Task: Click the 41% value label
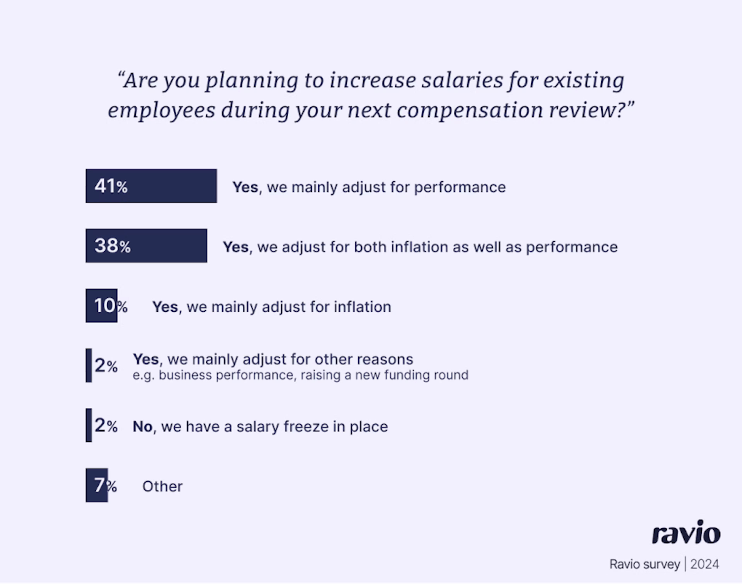(x=111, y=186)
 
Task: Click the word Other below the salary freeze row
(x=163, y=486)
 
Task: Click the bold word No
(x=142, y=427)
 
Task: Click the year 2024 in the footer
(x=704, y=564)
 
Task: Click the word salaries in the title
(x=462, y=81)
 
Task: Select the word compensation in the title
(x=470, y=111)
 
